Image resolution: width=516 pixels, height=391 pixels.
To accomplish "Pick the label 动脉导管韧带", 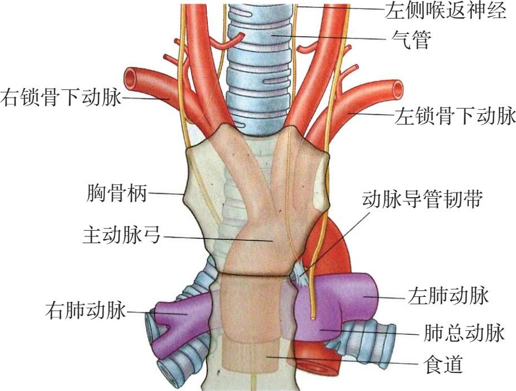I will [421, 200].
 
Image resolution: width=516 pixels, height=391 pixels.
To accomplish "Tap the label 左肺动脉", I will [448, 295].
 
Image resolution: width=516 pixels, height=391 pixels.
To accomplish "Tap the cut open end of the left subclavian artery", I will [397, 89].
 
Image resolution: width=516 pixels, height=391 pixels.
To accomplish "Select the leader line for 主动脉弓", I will [215, 239].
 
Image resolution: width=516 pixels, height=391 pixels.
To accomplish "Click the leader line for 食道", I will [340, 360].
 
